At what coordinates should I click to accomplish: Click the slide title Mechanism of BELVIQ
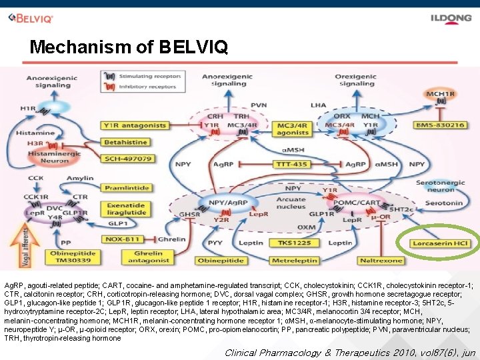click(129, 47)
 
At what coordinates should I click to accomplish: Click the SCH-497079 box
click(127, 159)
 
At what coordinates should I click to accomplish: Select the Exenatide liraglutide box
click(127, 209)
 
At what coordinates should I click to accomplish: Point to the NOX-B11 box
click(123, 239)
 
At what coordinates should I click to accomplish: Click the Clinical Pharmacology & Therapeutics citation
click(350, 352)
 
